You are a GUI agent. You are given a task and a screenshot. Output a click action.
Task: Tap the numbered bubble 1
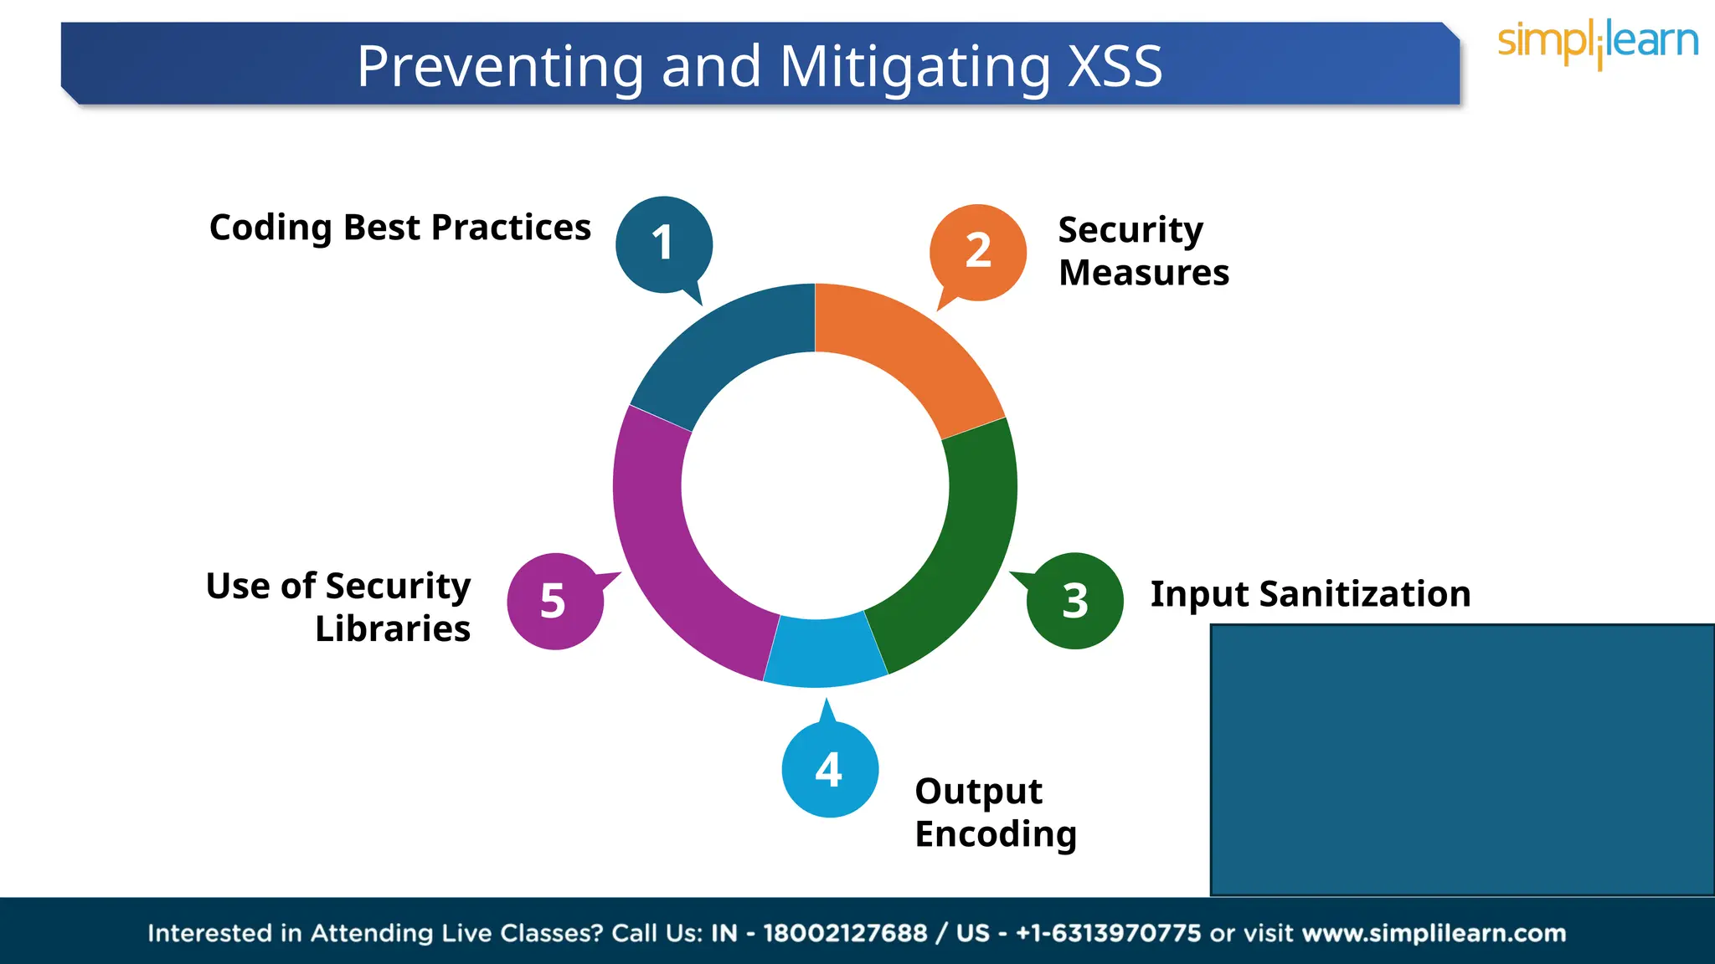point(663,244)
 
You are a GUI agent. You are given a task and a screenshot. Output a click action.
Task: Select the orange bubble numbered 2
point(978,251)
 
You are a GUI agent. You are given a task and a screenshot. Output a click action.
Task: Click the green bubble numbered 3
point(1075,601)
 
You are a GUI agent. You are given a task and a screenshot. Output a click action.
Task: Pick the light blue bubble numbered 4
point(829,769)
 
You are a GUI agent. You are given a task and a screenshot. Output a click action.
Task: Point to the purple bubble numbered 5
point(554,601)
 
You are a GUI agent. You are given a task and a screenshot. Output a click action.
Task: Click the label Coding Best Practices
point(399,228)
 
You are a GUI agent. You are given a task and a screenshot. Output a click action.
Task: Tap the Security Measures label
point(1143,251)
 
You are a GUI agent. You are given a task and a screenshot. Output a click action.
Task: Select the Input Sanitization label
point(1310,594)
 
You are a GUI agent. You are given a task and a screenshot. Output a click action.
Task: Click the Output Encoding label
point(995,813)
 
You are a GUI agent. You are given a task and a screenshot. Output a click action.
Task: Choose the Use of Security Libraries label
point(338,607)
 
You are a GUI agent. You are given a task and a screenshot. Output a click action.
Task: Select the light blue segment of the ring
point(824,653)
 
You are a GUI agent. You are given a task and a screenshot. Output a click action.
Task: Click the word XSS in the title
point(1115,66)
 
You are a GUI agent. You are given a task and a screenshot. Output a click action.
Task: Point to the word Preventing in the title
point(500,66)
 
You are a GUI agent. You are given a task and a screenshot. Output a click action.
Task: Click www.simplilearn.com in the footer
point(1434,933)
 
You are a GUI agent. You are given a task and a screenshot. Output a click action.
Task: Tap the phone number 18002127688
point(845,933)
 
